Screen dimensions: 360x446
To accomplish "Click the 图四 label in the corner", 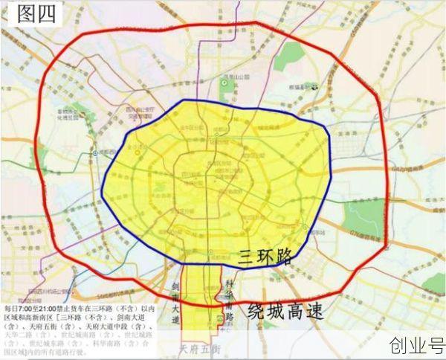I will [32, 15].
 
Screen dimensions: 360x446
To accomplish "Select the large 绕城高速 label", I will [286, 311].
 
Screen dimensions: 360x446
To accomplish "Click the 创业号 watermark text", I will [416, 345].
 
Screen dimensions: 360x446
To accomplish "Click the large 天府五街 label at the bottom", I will [195, 348].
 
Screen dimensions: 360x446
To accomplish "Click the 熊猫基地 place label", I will [297, 88].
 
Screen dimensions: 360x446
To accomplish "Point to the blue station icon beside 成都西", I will [96, 152].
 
